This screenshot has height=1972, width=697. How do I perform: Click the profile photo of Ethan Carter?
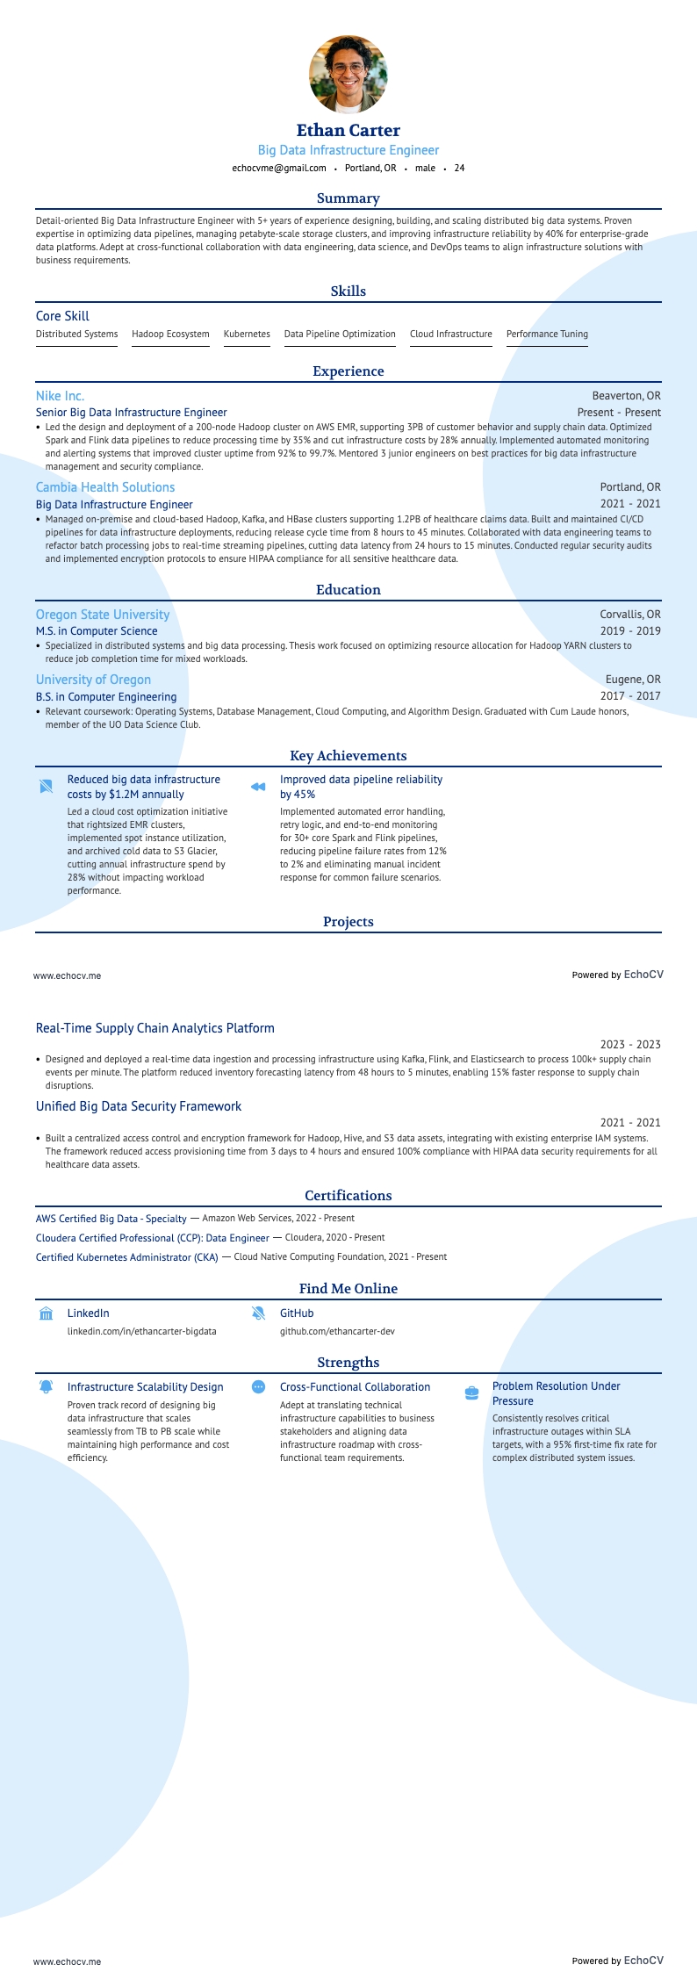[348, 74]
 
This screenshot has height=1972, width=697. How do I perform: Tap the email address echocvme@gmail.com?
[278, 168]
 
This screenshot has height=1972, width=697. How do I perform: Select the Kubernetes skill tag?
[247, 334]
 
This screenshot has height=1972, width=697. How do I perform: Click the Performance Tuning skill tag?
[547, 334]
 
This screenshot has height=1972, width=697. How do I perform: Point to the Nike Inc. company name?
[60, 396]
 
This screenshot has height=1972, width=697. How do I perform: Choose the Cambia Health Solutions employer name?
[105, 487]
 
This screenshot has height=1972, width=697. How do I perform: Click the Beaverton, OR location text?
[626, 396]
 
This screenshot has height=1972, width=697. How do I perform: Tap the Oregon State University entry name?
[103, 615]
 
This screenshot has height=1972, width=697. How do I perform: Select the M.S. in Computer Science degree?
[97, 631]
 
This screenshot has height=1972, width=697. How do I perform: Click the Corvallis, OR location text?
[630, 615]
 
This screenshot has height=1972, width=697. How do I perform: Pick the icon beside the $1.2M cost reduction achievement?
[47, 787]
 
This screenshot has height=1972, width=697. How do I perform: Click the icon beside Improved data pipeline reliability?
[258, 787]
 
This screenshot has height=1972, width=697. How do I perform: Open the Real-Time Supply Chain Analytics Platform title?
[154, 1028]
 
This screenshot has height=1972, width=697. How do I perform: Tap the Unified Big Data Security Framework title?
[139, 1106]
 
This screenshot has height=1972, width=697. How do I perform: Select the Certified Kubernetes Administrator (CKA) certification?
[126, 1257]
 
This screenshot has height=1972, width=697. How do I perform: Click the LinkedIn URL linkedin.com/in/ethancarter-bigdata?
[141, 1331]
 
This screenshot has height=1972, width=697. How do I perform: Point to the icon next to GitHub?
[258, 1313]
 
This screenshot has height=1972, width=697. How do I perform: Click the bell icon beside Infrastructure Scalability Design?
[47, 1386]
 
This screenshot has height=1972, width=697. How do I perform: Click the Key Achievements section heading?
[348, 756]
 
